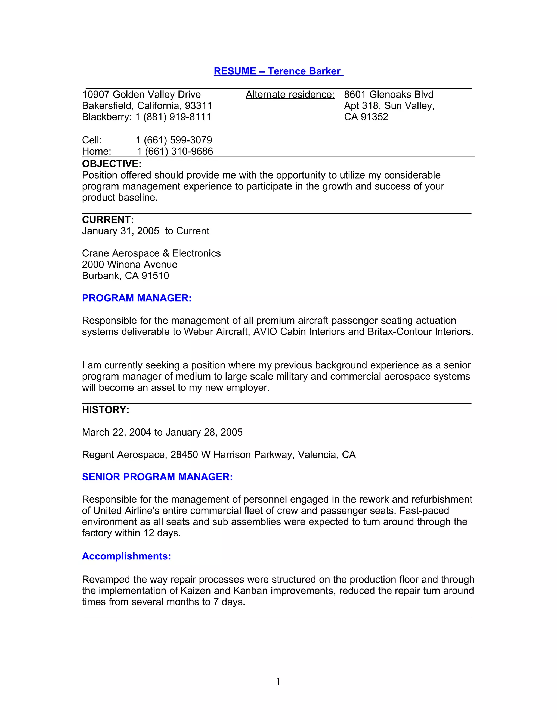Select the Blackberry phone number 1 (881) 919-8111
click(173, 117)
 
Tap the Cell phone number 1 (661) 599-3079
click(174, 140)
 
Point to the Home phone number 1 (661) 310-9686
click(175, 151)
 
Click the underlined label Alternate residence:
click(290, 95)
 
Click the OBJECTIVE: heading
click(112, 164)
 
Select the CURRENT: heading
click(108, 220)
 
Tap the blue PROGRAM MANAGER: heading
click(137, 298)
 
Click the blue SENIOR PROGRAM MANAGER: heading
click(157, 477)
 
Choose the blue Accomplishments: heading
click(126, 556)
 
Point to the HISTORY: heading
click(106, 410)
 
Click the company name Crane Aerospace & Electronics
click(151, 253)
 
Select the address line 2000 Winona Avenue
click(130, 264)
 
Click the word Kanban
click(250, 590)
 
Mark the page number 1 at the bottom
click(278, 681)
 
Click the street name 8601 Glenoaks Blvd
click(388, 95)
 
